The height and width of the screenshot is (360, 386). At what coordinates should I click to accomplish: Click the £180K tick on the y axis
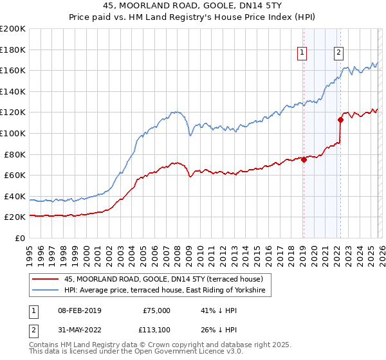tap(13, 49)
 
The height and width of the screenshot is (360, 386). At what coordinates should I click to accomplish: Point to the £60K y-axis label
tap(13, 175)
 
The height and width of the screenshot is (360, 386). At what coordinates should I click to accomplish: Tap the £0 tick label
tap(19, 238)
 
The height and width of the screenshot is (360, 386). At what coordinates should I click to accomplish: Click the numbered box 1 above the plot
tap(302, 53)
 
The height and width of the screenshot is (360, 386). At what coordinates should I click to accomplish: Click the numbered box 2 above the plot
tap(339, 53)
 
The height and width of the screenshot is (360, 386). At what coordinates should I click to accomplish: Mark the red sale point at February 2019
tap(304, 160)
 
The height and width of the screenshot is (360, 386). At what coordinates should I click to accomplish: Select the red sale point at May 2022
tap(341, 120)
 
